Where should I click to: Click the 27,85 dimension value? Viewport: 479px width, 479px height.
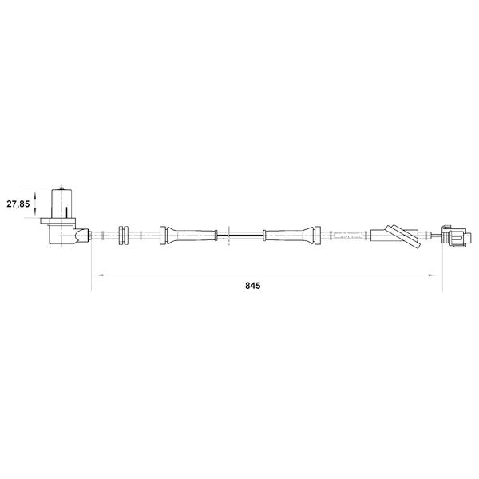[18, 204]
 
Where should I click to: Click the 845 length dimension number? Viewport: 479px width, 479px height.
[252, 286]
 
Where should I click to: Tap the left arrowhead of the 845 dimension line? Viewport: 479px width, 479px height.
[99, 275]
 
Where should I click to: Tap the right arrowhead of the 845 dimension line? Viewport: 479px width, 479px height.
[432, 275]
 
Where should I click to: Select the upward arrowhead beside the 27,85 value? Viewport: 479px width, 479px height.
[35, 194]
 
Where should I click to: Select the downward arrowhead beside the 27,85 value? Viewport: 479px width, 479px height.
[35, 212]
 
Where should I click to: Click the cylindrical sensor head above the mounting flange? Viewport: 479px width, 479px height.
[61, 204]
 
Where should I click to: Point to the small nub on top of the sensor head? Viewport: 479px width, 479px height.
[61, 188]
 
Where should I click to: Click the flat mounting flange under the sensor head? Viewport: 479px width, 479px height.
[57, 220]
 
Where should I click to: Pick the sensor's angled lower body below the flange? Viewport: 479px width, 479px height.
[61, 234]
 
